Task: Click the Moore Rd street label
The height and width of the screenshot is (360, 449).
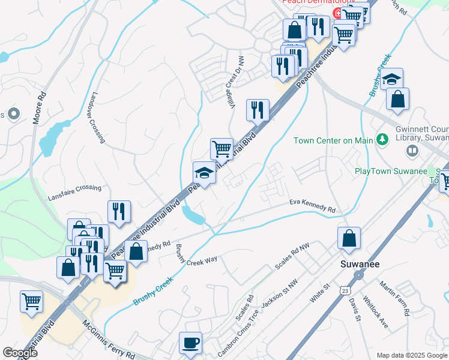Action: pos(39,108)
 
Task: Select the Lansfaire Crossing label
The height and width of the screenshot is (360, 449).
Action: pos(74,188)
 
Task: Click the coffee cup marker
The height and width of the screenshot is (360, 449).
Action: pos(191,343)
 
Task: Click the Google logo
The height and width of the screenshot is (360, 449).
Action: pos(20,353)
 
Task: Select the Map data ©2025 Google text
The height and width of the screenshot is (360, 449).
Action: pos(412,355)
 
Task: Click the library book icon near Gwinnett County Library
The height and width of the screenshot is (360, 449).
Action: pos(412,151)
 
